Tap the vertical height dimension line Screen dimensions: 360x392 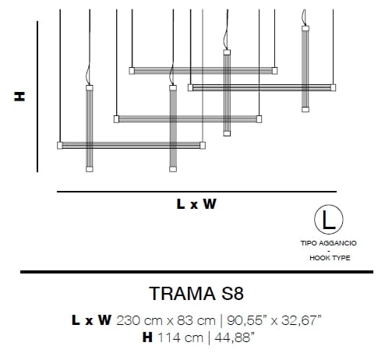[37, 96]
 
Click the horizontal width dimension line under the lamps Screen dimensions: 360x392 [196, 190]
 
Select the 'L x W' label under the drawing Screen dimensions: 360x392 [196, 205]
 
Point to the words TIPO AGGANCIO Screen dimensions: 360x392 [327, 244]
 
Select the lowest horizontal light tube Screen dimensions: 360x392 [132, 145]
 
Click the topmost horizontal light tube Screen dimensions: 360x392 [203, 70]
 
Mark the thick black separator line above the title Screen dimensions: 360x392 [196, 272]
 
